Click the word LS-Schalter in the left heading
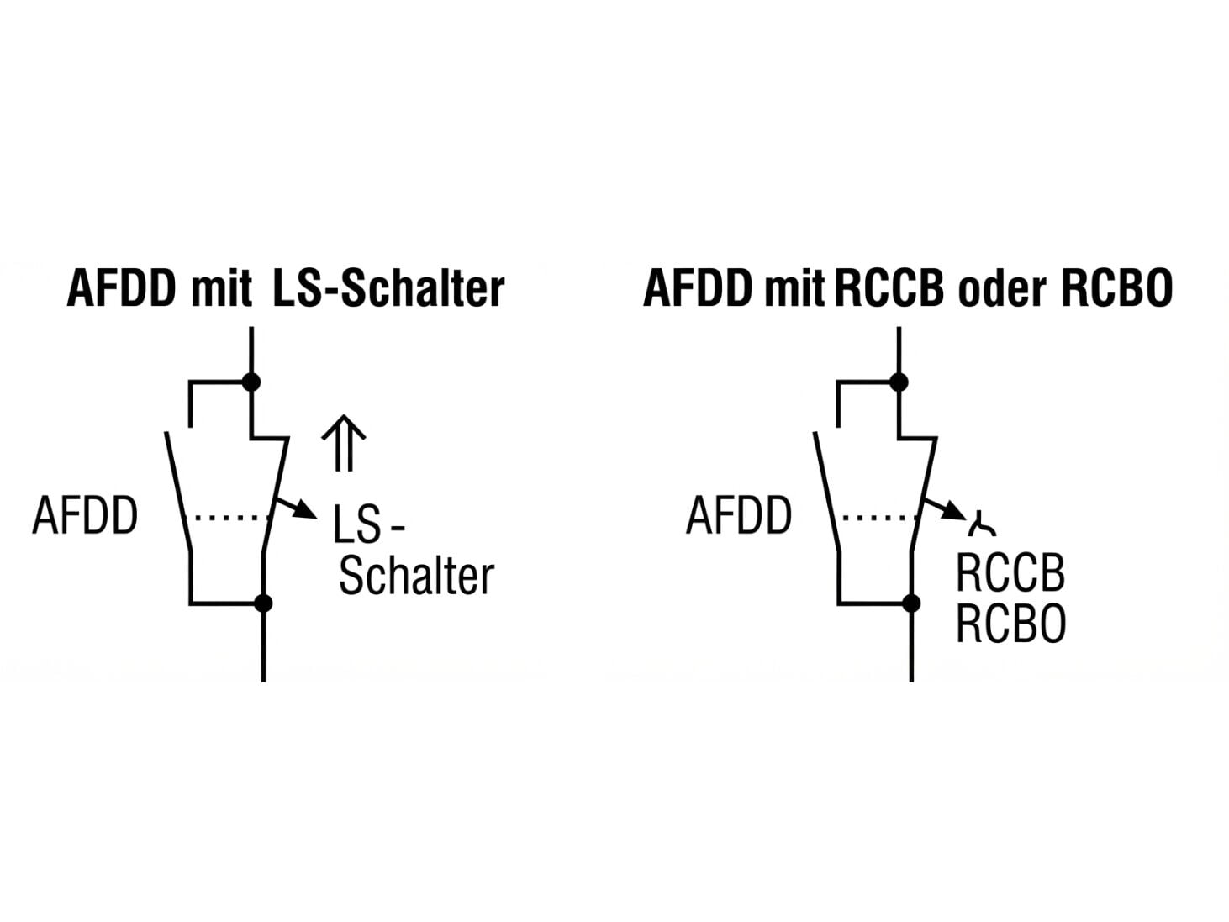pos(388,288)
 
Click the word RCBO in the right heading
pos(1117,288)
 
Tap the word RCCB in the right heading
pos(889,288)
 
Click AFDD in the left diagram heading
pos(122,288)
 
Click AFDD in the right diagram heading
pos(699,288)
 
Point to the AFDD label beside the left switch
pos(85,515)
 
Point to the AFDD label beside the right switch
pos(739,515)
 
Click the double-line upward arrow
pos(344,443)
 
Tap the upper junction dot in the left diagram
pos(251,382)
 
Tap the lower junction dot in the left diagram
pos(263,603)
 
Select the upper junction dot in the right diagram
pos(899,382)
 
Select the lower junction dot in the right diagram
pos(911,603)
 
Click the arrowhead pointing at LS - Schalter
pos(306,510)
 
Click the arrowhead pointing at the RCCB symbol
pos(954,510)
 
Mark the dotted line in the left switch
pos(227,518)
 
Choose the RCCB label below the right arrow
pos(1010,573)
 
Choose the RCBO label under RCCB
pos(1011,624)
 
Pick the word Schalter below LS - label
pos(417,576)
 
